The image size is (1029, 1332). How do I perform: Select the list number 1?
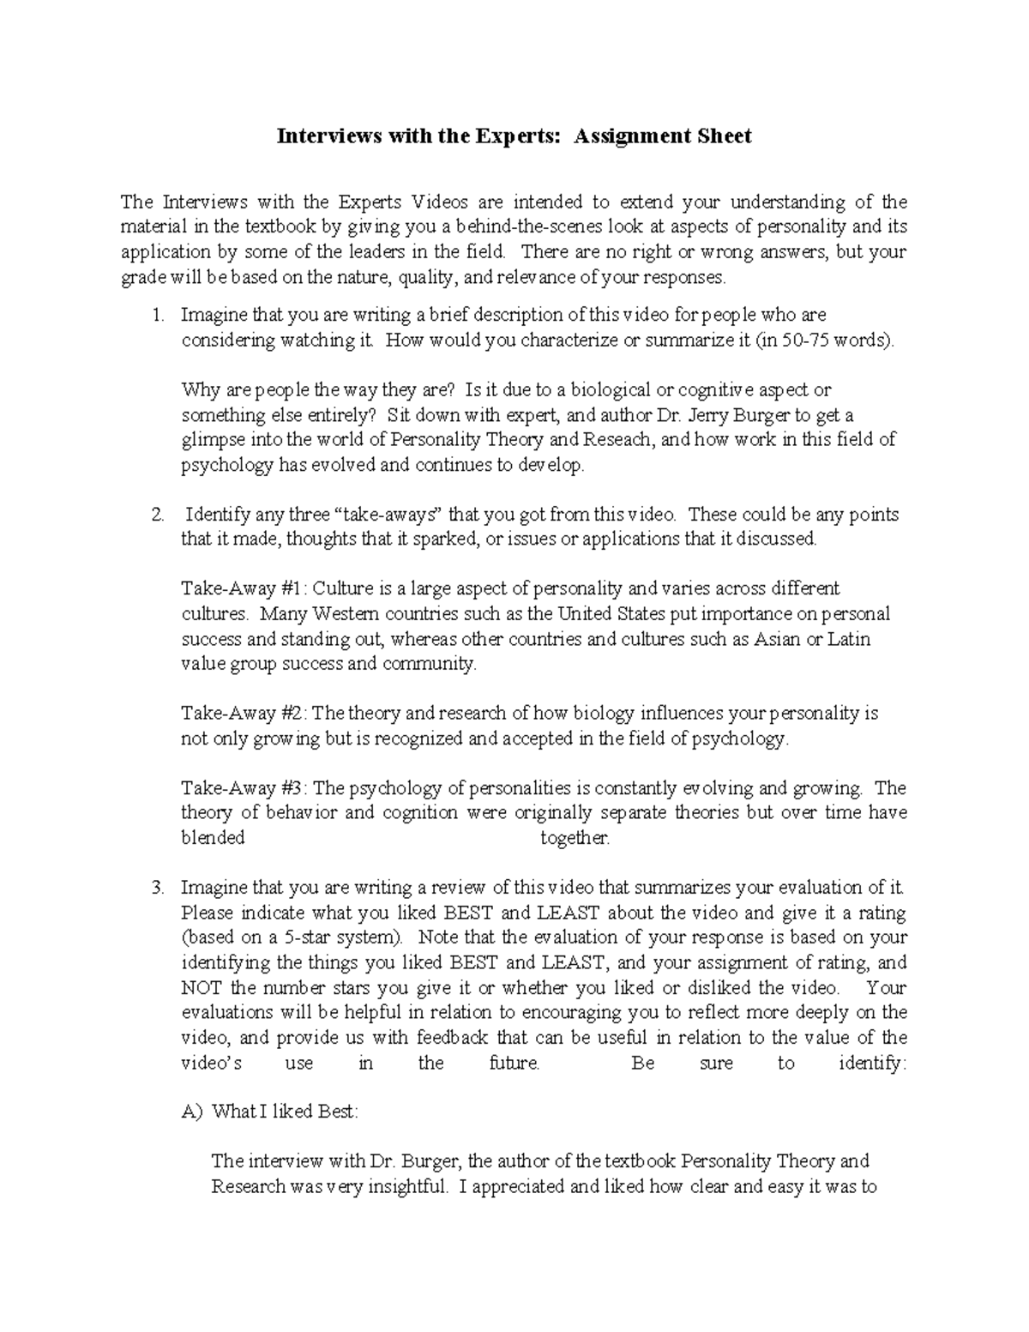157,315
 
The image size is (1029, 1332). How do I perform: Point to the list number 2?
157,515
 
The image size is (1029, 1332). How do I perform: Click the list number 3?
157,888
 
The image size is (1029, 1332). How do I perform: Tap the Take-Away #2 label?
244,714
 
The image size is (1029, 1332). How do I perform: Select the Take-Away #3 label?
244,788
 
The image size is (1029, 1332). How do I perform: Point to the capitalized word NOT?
202,987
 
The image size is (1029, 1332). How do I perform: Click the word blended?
213,838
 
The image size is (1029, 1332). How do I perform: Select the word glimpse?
212,441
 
